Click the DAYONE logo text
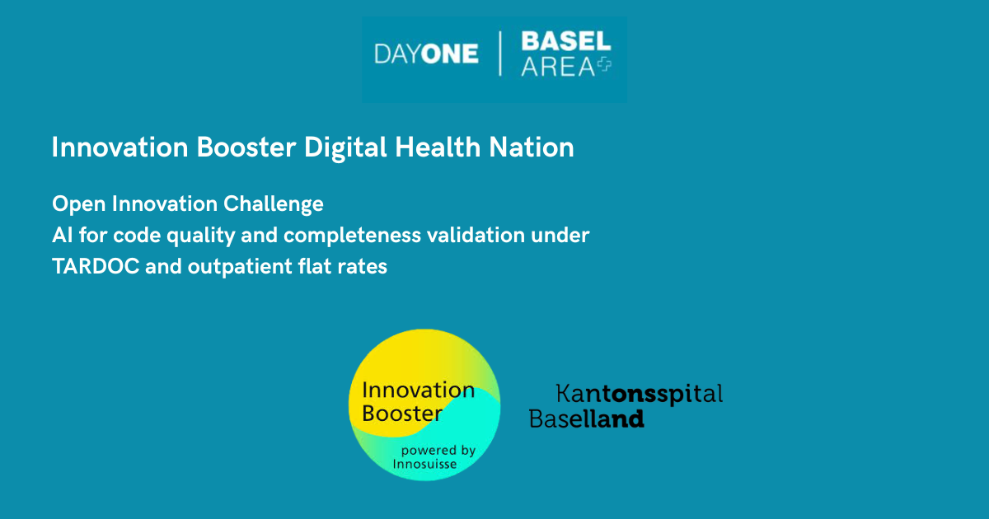point(427,54)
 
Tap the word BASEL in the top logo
point(566,41)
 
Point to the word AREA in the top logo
point(558,67)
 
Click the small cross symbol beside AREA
point(604,65)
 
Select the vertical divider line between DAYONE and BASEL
point(500,54)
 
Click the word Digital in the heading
point(345,147)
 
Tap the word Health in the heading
point(438,147)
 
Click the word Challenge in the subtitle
point(274,205)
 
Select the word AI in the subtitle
point(63,235)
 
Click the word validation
point(476,235)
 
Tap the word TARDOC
point(96,267)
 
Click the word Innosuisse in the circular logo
point(424,464)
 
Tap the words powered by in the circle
point(438,451)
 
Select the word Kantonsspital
point(640,394)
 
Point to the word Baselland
point(586,418)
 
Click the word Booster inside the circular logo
point(402,414)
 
